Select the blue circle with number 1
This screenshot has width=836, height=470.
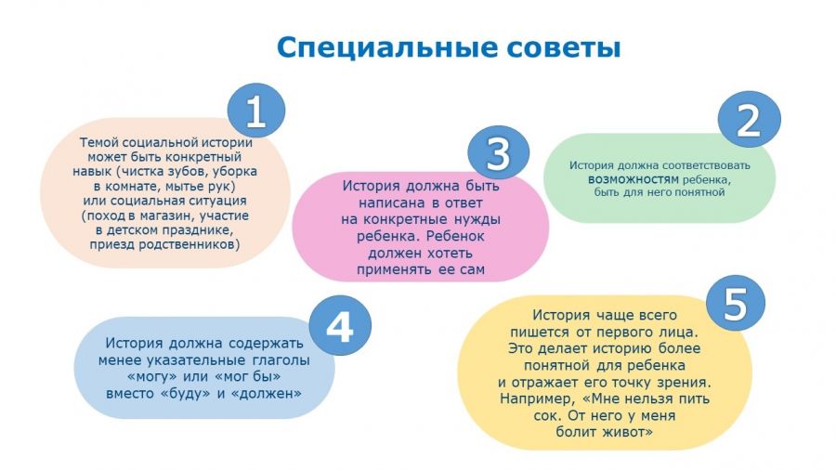[x=256, y=111]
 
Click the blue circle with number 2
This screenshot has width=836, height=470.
[x=749, y=120]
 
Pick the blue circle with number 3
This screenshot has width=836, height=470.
[x=499, y=152]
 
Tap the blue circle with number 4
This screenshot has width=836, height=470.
[x=340, y=326]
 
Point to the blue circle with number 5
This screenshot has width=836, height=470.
[x=736, y=303]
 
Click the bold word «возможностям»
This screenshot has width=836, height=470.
[x=634, y=179]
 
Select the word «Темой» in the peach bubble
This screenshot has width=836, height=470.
[x=99, y=142]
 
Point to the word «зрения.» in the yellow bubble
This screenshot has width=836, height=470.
[x=686, y=382]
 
